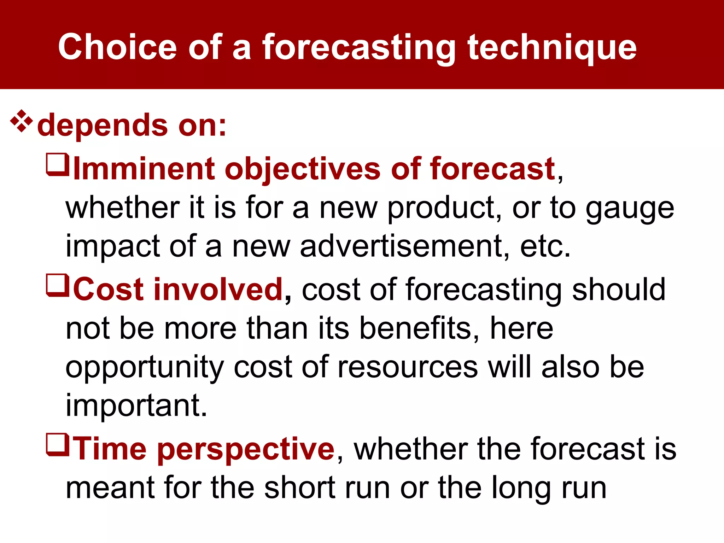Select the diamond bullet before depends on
pos(22,121)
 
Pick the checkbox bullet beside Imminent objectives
pos(57,164)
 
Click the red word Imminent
pos(144,169)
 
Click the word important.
pos(136,405)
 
